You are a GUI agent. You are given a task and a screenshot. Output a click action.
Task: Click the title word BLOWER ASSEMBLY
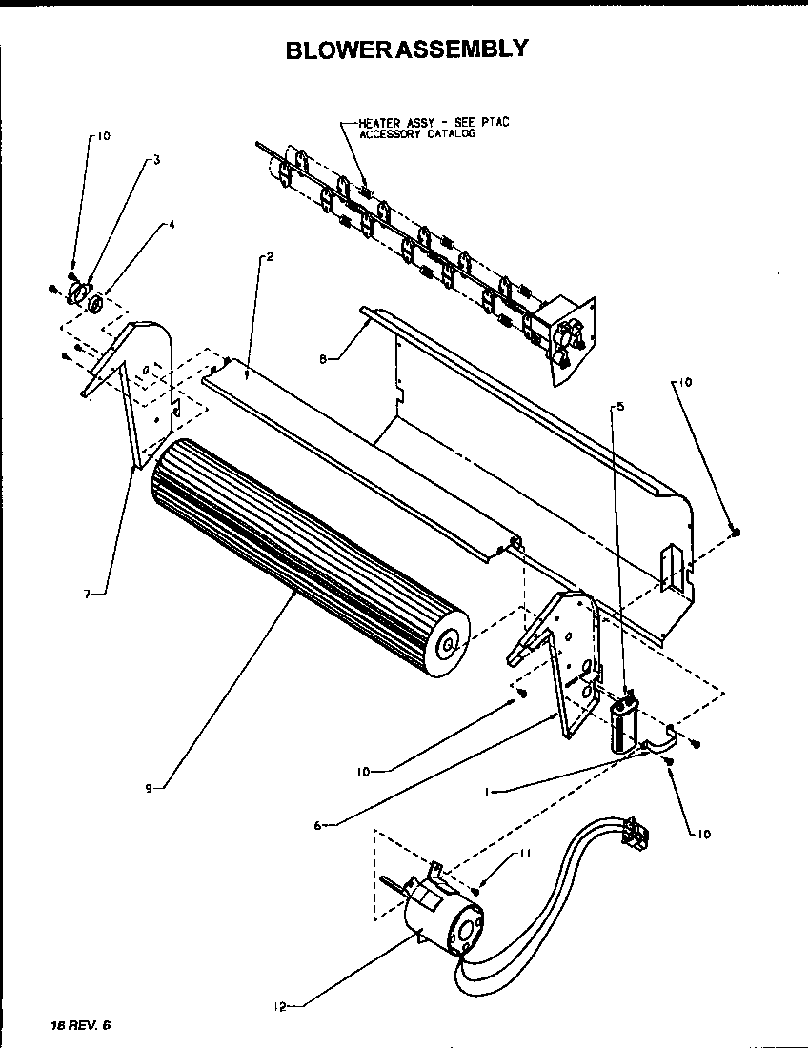click(x=407, y=49)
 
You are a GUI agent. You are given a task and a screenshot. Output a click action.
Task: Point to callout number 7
click(x=87, y=593)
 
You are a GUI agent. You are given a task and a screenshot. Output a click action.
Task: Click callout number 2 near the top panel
click(x=271, y=257)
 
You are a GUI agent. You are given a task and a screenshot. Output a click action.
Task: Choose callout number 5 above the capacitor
click(x=621, y=407)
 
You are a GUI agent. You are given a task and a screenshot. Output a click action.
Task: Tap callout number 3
click(x=156, y=161)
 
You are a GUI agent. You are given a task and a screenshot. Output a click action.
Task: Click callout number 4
click(x=172, y=226)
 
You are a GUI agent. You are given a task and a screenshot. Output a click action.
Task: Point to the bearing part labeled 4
click(x=96, y=305)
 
